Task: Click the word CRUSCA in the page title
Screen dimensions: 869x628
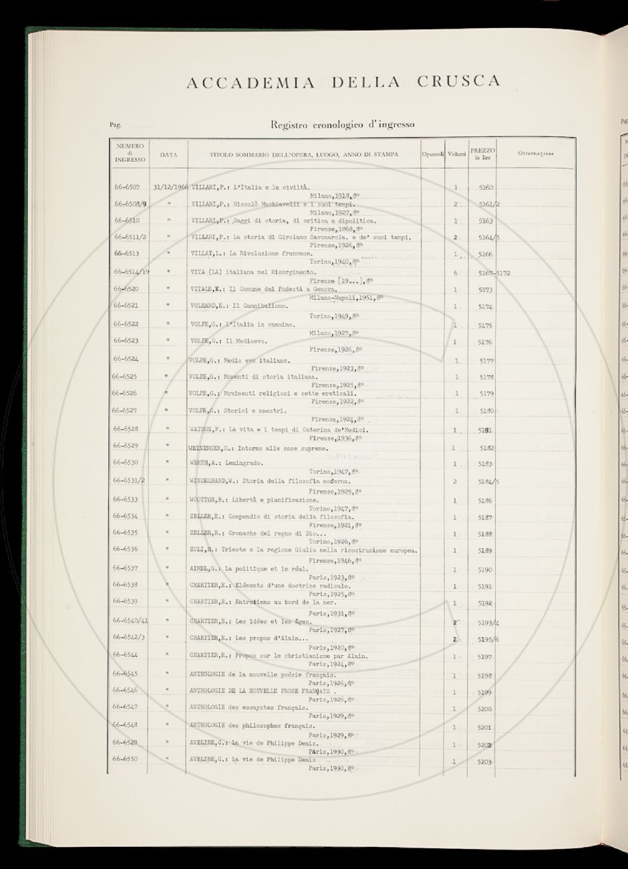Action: (458, 82)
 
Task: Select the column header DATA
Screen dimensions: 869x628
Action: (168, 154)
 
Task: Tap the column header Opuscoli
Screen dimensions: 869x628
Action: (433, 154)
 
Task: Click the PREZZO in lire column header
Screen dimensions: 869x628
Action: (482, 154)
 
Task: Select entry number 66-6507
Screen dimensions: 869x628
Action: (127, 188)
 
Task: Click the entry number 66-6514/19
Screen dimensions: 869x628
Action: (130, 272)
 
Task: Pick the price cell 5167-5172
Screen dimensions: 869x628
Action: (494, 273)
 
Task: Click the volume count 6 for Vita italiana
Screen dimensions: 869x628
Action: (456, 273)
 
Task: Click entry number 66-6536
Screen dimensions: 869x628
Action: (126, 549)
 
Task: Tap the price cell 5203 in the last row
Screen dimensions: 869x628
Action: (486, 761)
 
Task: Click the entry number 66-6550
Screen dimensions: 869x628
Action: (126, 759)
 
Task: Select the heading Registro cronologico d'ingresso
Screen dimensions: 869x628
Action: (342, 124)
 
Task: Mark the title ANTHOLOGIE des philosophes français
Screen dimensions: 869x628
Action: (253, 725)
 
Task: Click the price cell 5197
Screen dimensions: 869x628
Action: (486, 657)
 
